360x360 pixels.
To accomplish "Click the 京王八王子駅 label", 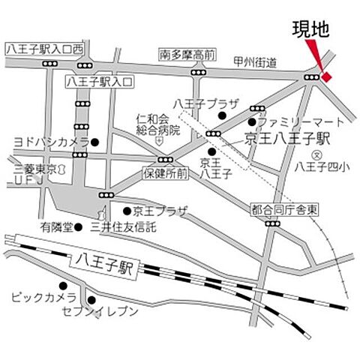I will pos(277,138).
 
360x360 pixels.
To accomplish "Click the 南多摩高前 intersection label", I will pos(187,55).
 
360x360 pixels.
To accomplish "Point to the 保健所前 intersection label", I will pos(165,173).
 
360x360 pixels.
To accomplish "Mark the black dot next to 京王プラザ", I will pos(127,211).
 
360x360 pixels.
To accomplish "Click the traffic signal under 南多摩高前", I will pos(198,72).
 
